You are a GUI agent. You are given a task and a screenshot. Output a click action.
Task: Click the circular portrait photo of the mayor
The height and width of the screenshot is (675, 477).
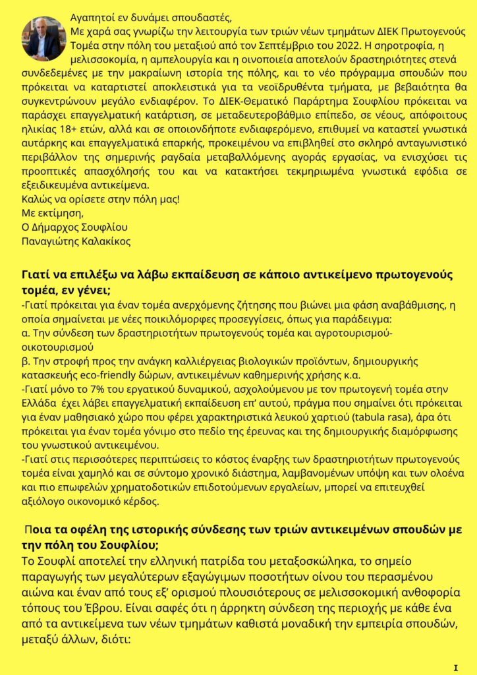pyautogui.click(x=44, y=38)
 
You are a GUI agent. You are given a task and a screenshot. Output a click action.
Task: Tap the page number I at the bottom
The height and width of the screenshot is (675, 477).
pyautogui.click(x=455, y=667)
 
